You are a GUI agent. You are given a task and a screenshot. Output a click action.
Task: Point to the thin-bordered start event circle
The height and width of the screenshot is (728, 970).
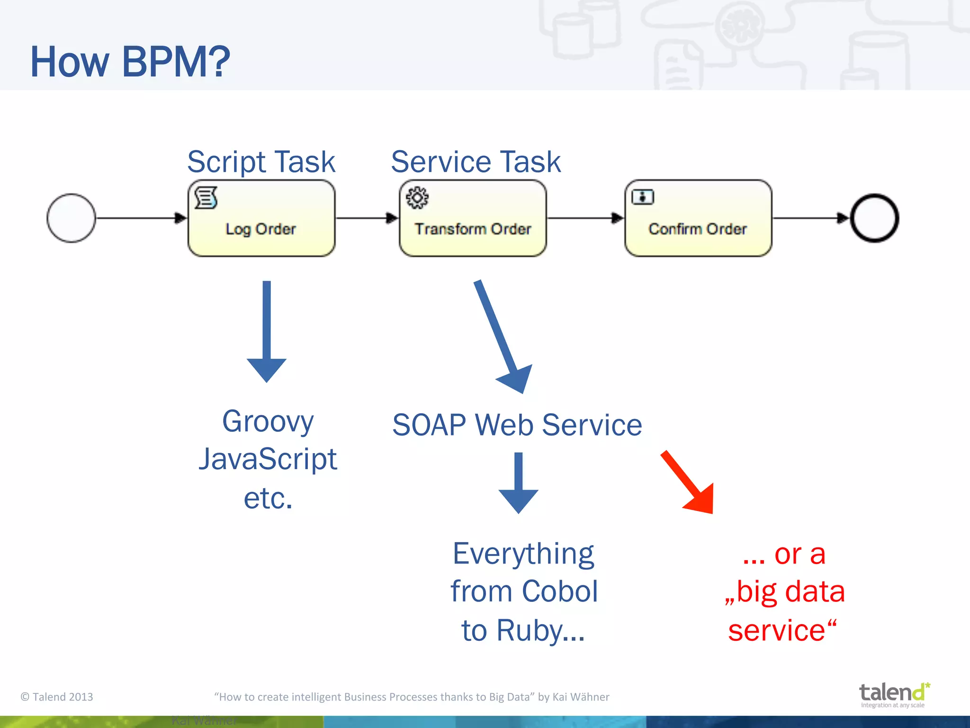coord(71,218)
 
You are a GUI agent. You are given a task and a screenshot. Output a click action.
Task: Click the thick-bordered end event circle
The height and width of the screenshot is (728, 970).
coord(874,218)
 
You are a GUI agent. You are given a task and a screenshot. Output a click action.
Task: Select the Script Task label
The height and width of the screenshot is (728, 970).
coord(261,162)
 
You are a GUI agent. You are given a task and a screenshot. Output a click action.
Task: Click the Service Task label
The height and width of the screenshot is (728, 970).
coord(476,162)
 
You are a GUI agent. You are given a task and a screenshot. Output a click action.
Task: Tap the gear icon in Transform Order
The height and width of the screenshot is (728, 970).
coord(417,198)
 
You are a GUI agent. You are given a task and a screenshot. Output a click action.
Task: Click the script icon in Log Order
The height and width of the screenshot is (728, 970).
coord(206,198)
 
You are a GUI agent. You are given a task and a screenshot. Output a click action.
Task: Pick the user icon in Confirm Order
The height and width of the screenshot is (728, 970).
coord(643,197)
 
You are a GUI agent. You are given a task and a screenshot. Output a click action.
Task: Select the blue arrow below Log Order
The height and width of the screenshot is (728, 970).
coord(267,332)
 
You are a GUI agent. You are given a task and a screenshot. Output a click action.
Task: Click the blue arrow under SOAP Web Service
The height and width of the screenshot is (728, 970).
coord(519,483)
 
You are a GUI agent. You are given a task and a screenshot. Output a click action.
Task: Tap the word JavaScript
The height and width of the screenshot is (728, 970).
coord(268,459)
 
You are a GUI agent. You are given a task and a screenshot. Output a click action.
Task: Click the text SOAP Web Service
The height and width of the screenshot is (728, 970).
coord(517,425)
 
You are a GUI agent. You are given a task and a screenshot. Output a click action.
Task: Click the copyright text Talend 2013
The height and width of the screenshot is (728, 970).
coord(57,697)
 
